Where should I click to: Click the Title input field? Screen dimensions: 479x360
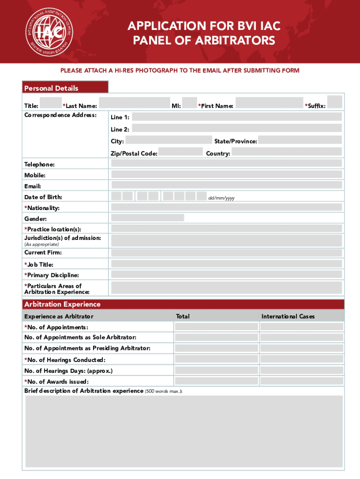click(51, 103)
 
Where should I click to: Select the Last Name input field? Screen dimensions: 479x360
click(134, 103)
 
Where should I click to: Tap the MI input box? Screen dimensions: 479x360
click(189, 103)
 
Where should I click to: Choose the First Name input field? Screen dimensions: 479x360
click(269, 103)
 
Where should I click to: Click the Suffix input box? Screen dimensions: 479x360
click(335, 102)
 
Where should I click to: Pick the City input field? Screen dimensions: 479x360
click(168, 140)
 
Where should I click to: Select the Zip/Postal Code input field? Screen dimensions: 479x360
click(180, 152)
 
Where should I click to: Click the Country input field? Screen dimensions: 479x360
click(287, 152)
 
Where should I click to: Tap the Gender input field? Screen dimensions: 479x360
click(147, 218)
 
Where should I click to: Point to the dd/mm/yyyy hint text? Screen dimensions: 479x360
click(221, 198)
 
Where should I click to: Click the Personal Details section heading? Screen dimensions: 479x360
click(51, 88)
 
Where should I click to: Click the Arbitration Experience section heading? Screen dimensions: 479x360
click(62, 305)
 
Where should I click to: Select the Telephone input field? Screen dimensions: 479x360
click(226, 163)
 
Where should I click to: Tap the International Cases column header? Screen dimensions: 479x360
click(288, 317)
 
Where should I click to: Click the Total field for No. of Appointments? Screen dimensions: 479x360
click(216, 327)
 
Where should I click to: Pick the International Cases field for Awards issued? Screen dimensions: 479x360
click(302, 381)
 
